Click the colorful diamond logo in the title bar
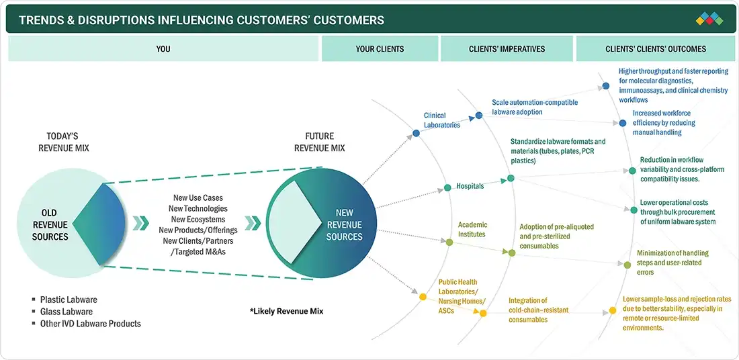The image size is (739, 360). pos(709,19)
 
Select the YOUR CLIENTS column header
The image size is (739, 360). pos(380,49)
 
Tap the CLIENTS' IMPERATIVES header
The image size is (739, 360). pos(507,49)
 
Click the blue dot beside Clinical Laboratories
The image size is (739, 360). pos(416,134)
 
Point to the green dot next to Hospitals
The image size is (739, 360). pos(447,187)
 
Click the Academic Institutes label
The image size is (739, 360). pos(473,230)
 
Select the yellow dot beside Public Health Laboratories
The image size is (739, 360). pos(423,297)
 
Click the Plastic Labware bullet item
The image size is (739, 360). pos(64,300)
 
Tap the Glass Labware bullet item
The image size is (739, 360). pos(62,312)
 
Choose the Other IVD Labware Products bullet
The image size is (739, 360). pos(86,324)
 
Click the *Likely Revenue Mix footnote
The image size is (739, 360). pos(287,312)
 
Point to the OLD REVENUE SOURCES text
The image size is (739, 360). pos(50,225)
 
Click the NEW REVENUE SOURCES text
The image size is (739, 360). pos(344,225)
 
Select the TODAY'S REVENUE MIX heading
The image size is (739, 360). pos(64,142)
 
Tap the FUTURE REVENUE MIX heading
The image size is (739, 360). pos(320,142)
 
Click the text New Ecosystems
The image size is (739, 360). pos(198,220)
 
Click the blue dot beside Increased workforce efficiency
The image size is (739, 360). pos(623,123)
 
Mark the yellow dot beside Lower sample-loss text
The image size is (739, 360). pos(612,310)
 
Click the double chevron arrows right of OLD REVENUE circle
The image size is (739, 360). pos(140,223)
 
